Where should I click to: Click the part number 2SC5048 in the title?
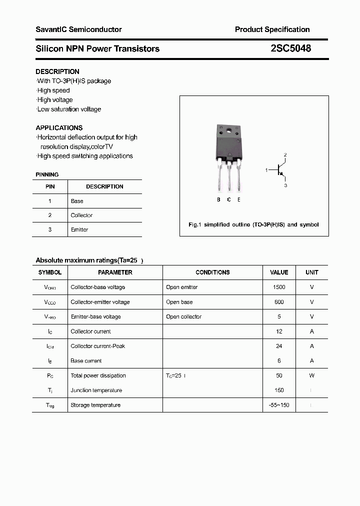pyautogui.click(x=290, y=48)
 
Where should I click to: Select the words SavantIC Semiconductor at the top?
pyautogui.click(x=78, y=29)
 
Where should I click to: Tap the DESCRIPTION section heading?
pyautogui.click(x=57, y=71)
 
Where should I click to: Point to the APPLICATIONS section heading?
pyautogui.click(x=59, y=127)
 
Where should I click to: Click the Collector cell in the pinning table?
pyautogui.click(x=81, y=215)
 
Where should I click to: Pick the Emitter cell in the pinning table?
pyautogui.click(x=79, y=229)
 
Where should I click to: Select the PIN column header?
pyautogui.click(x=50, y=186)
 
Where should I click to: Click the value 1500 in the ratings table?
pyautogui.click(x=279, y=287)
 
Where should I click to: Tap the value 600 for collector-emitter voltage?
pyautogui.click(x=279, y=302)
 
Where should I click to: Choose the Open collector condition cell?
pyautogui.click(x=183, y=316)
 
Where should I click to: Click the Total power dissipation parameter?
pyautogui.click(x=98, y=375)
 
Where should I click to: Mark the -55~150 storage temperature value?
pyautogui.click(x=279, y=405)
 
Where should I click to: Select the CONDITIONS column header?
pyautogui.click(x=212, y=272)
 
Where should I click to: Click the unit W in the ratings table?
pyautogui.click(x=311, y=375)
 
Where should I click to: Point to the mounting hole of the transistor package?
pyautogui.click(x=229, y=131)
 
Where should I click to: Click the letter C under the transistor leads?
pyautogui.click(x=228, y=199)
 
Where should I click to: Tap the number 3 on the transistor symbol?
pyautogui.click(x=285, y=185)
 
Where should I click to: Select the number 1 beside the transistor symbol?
pyautogui.click(x=266, y=170)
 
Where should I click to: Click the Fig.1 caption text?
pyautogui.click(x=253, y=224)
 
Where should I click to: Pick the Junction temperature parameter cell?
pyautogui.click(x=96, y=390)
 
